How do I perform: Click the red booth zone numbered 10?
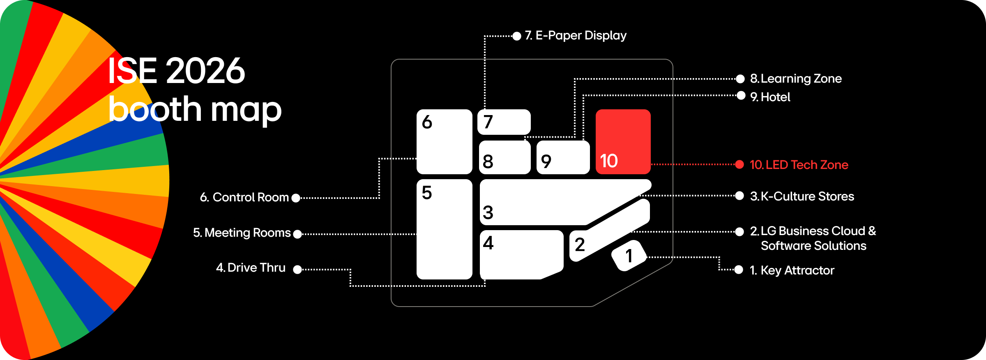(x=623, y=141)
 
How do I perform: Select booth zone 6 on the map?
(x=444, y=141)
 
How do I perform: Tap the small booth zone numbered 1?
(x=629, y=256)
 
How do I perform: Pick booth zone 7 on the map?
(x=504, y=122)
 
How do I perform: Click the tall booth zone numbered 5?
(x=444, y=229)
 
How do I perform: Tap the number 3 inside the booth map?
(x=488, y=212)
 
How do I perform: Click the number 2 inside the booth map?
(x=580, y=245)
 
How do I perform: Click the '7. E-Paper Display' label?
(x=576, y=35)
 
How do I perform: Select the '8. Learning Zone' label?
(x=796, y=78)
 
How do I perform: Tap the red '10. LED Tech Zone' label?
(x=799, y=165)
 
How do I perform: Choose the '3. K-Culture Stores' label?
(x=802, y=196)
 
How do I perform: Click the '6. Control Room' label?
(x=244, y=197)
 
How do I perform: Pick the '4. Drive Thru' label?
(x=251, y=268)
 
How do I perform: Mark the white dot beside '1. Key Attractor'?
(x=739, y=270)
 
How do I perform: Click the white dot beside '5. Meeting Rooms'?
(x=297, y=234)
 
